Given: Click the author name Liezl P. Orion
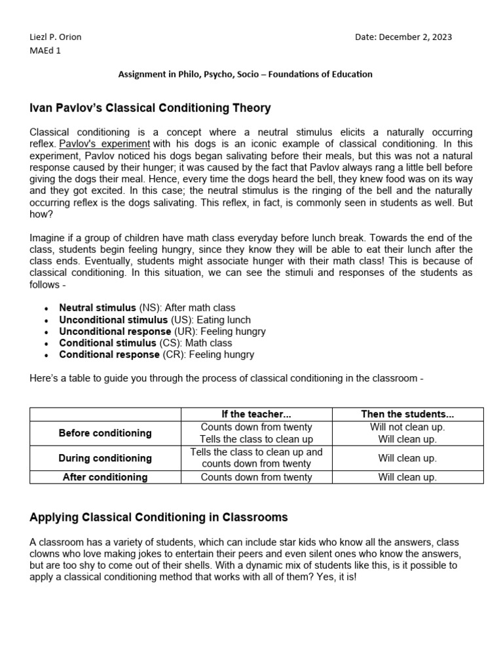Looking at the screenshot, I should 56,37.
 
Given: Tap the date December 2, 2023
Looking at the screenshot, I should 403,37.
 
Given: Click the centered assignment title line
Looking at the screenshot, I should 245,75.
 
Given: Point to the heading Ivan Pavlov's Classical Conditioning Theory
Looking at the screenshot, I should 150,107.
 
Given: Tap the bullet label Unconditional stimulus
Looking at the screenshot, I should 113,320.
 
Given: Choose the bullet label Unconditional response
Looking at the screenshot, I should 115,332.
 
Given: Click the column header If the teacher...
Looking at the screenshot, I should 256,414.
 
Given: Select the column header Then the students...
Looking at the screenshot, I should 407,414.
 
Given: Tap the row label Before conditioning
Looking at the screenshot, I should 105,433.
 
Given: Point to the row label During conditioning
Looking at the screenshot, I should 105,458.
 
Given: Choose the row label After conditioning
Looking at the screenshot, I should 105,477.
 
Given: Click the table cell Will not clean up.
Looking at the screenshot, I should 407,427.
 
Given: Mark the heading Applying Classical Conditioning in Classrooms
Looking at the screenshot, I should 158,517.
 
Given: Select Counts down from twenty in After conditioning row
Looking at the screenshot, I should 256,477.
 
